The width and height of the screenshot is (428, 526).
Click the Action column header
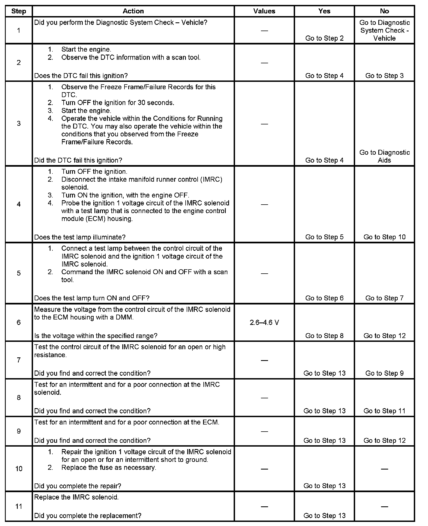133,11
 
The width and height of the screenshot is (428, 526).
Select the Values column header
264,11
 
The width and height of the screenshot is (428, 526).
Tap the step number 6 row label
19,322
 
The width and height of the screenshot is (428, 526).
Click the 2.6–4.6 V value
264,322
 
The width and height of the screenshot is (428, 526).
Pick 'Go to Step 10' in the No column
384,237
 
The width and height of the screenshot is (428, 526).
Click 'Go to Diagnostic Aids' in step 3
384,156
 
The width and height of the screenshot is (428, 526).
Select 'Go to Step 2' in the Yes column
324,38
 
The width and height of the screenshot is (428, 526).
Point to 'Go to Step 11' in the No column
384,411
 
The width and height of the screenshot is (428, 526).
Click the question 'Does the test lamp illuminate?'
80,237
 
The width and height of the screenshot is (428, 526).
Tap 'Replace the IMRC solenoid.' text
76,497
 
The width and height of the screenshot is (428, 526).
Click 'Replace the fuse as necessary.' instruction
109,467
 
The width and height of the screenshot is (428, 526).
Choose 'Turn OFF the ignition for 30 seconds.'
118,103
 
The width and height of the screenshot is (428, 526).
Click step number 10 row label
19,469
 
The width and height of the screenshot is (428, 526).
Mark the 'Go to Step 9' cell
384,373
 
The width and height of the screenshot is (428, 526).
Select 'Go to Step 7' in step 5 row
384,298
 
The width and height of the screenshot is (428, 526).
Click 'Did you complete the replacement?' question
88,516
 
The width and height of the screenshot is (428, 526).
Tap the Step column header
19,11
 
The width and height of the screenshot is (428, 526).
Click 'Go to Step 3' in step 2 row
384,76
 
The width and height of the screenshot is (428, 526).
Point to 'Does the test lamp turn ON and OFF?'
92,298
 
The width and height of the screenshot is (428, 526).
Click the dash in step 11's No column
384,506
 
